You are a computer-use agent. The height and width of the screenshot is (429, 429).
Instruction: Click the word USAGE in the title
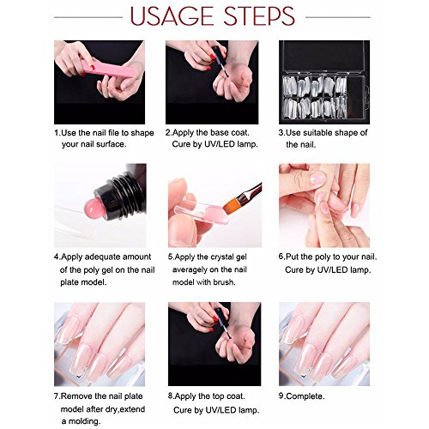[x=172, y=16]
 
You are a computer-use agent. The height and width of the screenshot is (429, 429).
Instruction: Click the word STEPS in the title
[x=259, y=16]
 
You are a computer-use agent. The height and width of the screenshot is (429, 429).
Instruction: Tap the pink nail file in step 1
[x=109, y=69]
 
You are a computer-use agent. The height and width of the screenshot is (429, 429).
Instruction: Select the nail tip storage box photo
[x=324, y=82]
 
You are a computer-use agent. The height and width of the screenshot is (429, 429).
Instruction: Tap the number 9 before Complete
[x=281, y=396]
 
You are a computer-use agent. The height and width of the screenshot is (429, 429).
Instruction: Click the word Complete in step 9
[x=305, y=396]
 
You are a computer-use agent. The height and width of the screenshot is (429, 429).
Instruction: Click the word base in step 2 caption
[x=220, y=133]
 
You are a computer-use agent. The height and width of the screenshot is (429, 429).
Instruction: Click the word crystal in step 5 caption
[x=223, y=257]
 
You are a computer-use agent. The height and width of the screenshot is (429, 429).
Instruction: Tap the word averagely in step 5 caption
[x=190, y=270]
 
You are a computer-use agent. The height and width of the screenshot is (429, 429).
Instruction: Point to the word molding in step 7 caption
[x=85, y=421]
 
